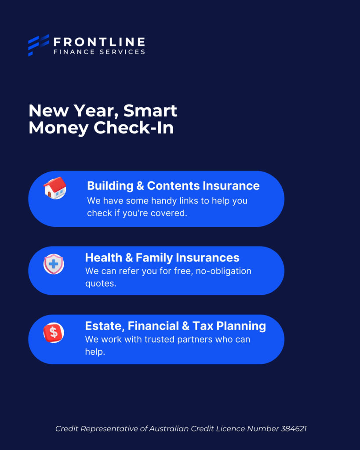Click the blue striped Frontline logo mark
click(39, 45)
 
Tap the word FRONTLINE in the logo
click(99, 42)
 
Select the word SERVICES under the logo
click(122, 52)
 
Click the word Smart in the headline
click(150, 111)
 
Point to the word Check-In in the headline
click(134, 127)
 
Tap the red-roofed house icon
click(55, 188)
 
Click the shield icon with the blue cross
click(54, 264)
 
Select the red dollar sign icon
click(54, 333)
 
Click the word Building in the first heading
click(110, 186)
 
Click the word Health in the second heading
click(104, 258)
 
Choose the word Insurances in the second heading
click(207, 258)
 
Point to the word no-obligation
click(223, 271)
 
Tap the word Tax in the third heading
click(203, 326)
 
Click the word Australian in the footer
click(169, 429)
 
